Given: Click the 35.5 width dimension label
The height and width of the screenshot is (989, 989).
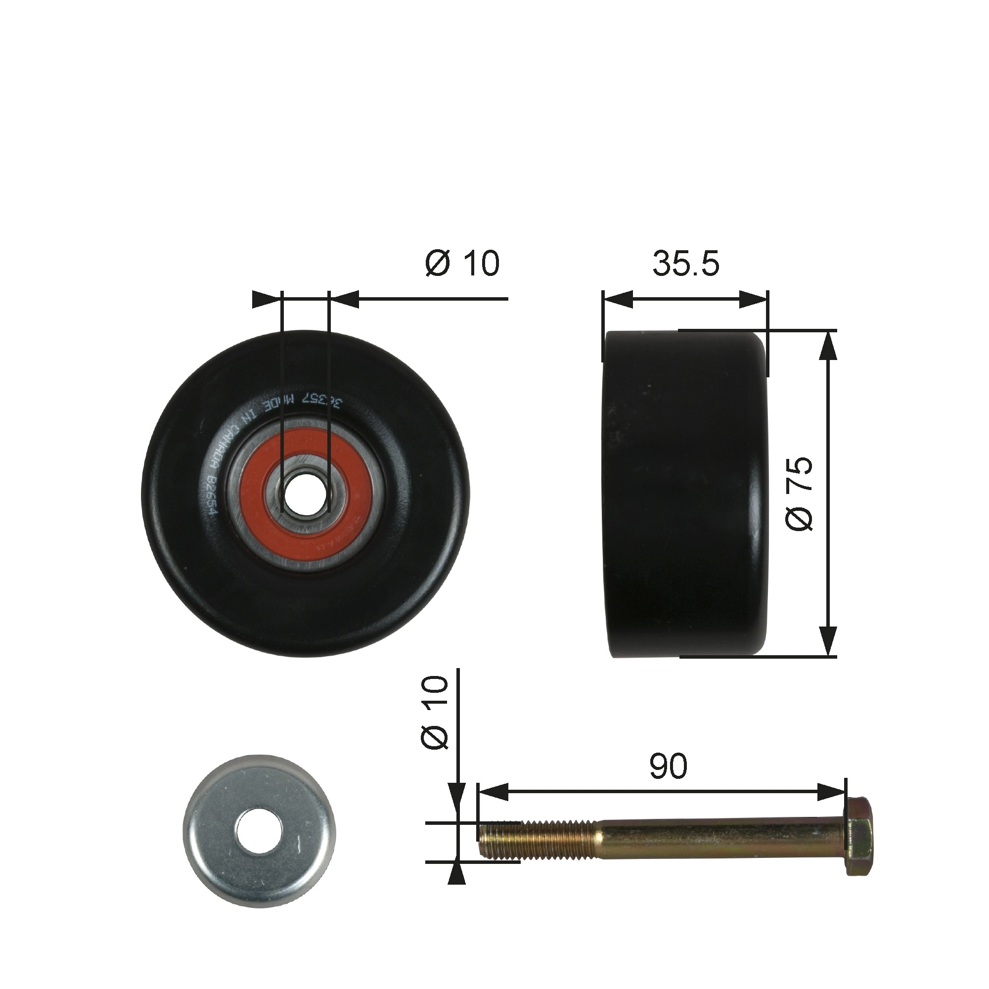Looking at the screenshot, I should point(685,264).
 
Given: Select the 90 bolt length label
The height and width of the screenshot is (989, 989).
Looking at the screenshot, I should point(668,766).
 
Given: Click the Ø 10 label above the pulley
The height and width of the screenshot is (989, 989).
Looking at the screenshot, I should point(462,264).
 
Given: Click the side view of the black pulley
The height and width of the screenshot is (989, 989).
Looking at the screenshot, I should point(686,494).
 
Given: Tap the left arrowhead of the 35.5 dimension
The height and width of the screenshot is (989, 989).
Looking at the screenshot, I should point(617,300).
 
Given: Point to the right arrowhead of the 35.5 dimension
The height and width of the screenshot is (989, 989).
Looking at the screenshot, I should point(754,300).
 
